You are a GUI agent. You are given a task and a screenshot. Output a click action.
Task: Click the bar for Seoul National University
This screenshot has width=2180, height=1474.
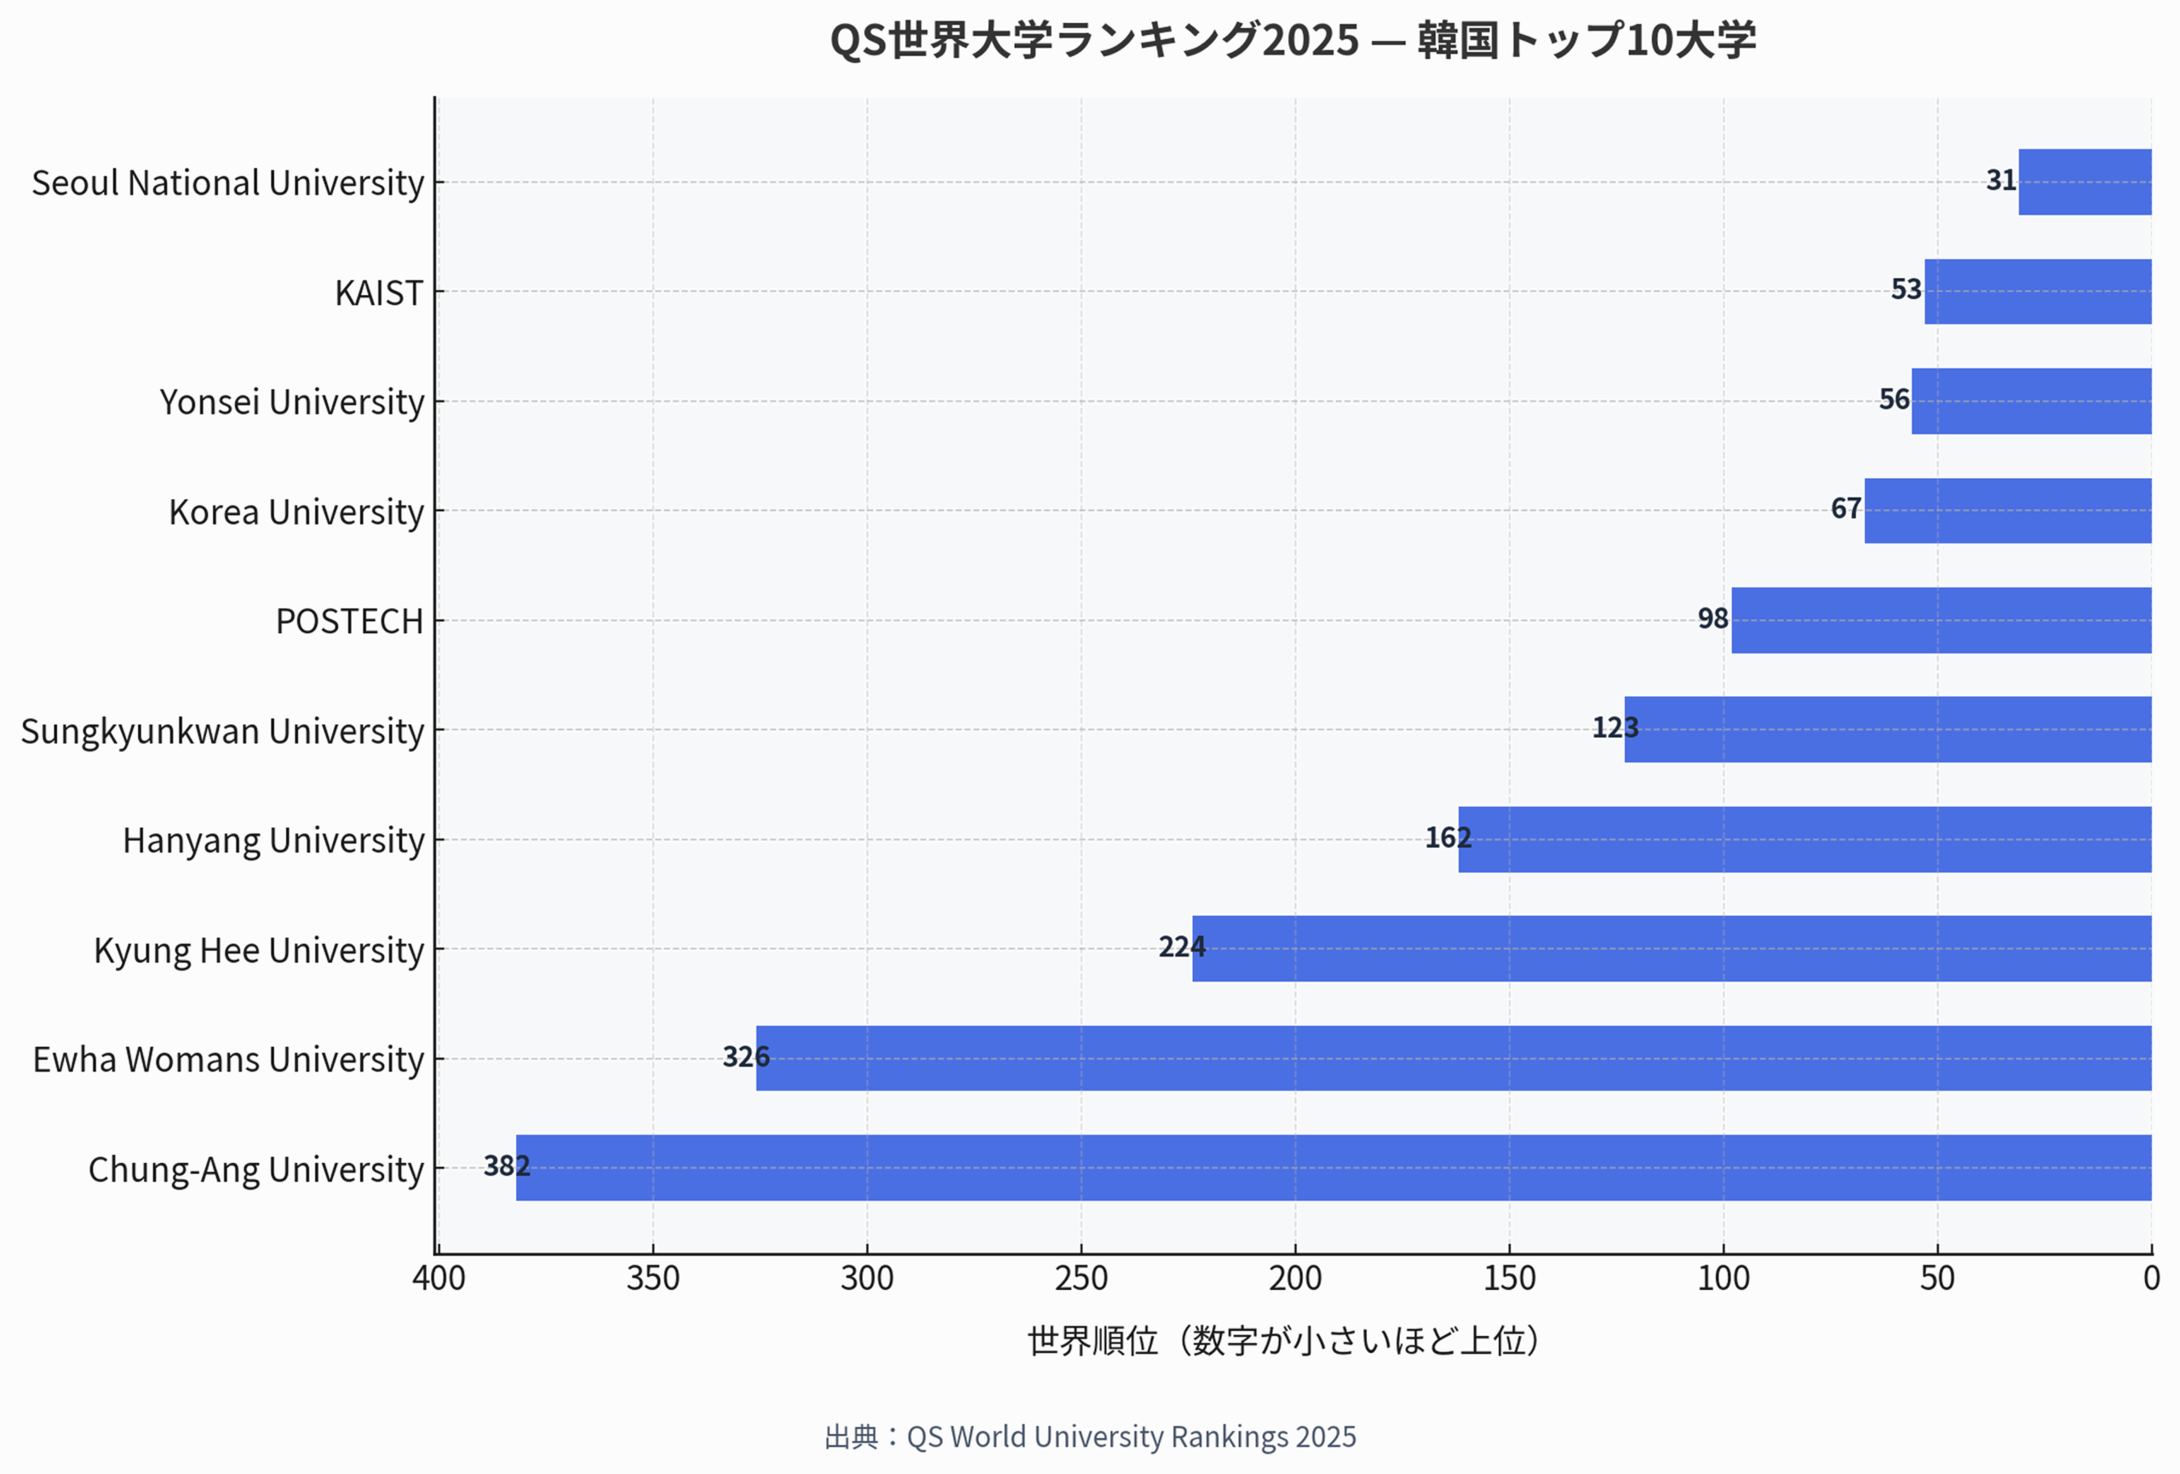(2085, 182)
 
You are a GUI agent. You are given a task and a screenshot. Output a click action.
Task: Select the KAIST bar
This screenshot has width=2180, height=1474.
(2038, 291)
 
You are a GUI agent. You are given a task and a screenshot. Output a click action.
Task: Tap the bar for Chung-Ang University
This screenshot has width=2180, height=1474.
(1333, 1168)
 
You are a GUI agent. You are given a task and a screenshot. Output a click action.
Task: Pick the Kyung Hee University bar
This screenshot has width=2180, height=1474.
(1672, 948)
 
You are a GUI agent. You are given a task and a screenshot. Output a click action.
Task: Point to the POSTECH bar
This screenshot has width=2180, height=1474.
(1941, 620)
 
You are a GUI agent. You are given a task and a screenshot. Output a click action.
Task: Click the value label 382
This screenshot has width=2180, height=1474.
(507, 1166)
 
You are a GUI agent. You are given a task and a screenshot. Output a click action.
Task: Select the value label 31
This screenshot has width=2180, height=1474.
(2000, 180)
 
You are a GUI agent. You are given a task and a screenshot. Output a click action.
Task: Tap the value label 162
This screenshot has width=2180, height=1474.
(1448, 838)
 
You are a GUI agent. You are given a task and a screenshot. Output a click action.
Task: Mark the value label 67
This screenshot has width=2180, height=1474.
(1845, 509)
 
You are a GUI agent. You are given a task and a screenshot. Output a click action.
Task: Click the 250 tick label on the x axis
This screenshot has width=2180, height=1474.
(1081, 1278)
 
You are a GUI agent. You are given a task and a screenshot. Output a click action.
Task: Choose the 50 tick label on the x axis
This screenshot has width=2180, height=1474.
(1937, 1278)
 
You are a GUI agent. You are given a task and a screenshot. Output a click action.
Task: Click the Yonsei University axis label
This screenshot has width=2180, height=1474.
(292, 401)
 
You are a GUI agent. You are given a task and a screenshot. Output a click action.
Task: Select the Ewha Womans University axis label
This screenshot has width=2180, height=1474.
(228, 1059)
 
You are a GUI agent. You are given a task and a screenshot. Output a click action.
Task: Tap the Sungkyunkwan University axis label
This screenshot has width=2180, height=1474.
(222, 731)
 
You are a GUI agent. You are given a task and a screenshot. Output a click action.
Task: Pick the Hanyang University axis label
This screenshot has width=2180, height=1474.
(273, 841)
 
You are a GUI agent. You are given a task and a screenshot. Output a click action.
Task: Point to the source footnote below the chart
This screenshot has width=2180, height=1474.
(1090, 1437)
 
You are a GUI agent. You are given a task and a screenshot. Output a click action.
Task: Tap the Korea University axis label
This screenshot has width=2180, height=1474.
(296, 512)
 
